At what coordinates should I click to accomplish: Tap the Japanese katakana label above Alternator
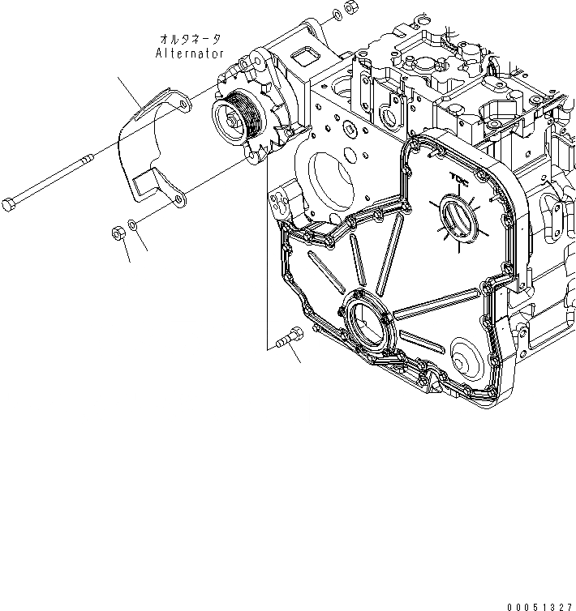[192, 38]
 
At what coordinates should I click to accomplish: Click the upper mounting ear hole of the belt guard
[183, 105]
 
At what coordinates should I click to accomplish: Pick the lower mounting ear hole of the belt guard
[174, 197]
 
